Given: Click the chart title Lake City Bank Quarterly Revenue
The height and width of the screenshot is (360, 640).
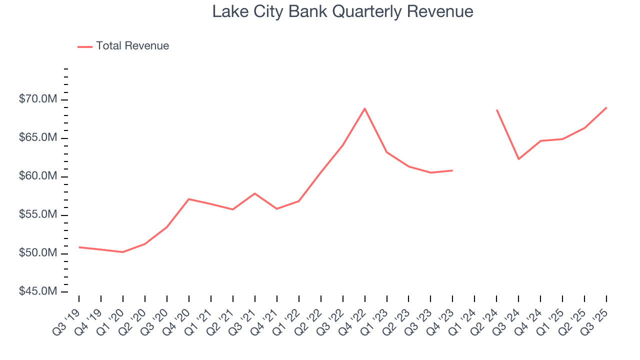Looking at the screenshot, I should coord(342,11).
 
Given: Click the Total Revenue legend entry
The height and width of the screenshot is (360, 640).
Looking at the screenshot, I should coord(132,46).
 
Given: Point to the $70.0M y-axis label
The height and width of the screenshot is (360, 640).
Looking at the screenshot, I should coord(38,99).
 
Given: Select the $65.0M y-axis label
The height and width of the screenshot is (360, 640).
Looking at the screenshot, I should coord(38,138).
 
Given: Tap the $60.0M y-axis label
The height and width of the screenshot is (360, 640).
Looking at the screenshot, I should coord(38,176).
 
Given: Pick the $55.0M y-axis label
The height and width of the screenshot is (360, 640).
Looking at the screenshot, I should coord(38,215).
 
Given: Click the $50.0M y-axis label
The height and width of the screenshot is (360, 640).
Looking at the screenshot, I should coord(38,253).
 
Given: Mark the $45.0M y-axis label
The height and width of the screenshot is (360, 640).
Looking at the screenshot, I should coord(38,291).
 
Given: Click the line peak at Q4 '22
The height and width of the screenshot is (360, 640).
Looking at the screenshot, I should coord(364,108).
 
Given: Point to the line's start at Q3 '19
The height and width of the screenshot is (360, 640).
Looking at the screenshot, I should coord(79,247).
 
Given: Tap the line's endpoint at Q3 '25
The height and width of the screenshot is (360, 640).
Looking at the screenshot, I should coord(606,107).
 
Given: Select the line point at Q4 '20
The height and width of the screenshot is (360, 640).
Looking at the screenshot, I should coord(188,199).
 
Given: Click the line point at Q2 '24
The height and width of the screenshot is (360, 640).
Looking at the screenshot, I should coord(496,110).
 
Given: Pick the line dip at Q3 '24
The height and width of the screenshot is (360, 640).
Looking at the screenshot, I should coord(518,159).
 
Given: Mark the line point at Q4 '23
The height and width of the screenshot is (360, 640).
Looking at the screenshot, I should coord(452,170).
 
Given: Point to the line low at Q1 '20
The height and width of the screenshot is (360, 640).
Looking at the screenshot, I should coord(122,252).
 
